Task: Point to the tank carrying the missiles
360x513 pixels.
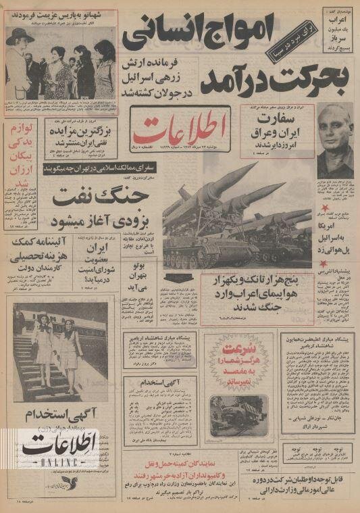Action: pos(203,233)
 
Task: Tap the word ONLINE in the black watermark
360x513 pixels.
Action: pos(51,462)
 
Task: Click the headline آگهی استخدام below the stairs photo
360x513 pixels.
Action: pos(63,412)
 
